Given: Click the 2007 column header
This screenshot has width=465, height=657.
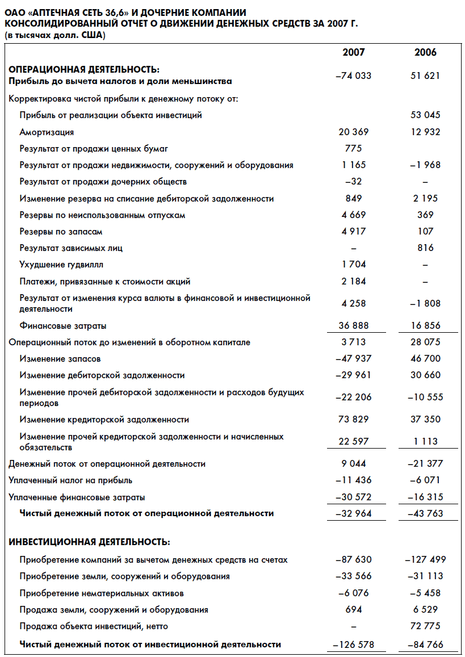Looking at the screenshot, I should point(353,52).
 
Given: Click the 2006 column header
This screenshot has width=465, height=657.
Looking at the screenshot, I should point(425,52).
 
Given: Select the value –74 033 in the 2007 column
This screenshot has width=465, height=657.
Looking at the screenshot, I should point(353,76).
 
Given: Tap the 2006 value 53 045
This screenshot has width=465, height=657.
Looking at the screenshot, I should point(425,115).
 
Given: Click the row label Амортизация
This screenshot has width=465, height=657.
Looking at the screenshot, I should point(47,132).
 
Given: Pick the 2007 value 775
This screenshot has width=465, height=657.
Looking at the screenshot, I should point(353,149).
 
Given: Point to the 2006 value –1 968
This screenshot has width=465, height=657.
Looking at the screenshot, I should point(425,165).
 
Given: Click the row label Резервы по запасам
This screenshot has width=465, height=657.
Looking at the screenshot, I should point(61,232).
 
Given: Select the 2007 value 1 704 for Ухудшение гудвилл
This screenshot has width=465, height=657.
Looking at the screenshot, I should point(353,264).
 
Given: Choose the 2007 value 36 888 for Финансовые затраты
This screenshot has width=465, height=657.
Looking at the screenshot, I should point(353,325).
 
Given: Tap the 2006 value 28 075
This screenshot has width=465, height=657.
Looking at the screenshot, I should point(425,342).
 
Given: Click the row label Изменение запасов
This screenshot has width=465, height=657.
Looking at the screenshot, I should point(60,359).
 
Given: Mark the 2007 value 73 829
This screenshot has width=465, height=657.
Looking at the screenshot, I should point(353,419).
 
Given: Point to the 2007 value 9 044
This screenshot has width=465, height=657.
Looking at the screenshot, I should point(353,463).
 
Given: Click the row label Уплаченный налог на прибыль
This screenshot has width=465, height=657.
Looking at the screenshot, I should point(70,480).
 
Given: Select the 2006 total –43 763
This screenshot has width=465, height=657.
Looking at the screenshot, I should point(425,513).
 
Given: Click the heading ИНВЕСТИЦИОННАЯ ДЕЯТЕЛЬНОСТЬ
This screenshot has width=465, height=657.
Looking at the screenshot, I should point(89,542).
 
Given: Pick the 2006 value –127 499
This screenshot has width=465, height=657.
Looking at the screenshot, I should point(425,559).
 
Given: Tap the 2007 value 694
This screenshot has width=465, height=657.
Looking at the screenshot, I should point(353,609).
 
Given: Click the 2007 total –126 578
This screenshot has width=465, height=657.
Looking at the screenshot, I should point(353,645).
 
